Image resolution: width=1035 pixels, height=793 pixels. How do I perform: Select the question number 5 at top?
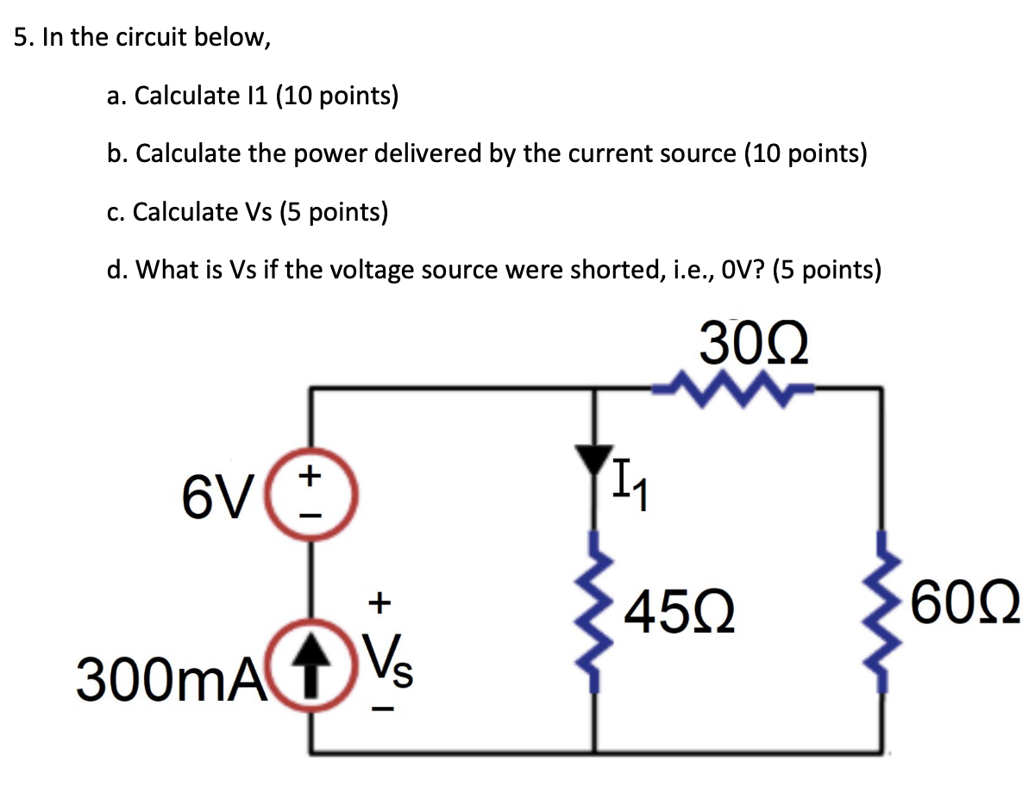pos(22,40)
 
